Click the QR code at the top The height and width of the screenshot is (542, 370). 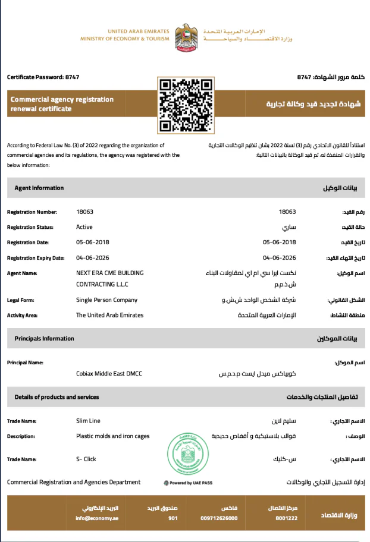point(184,105)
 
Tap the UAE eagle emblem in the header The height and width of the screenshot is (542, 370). point(186,37)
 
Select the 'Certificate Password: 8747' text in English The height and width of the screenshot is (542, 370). point(43,77)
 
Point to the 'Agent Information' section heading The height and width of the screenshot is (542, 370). point(39,188)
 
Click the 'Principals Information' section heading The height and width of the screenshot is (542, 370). point(45,339)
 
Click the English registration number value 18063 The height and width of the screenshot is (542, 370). point(85,212)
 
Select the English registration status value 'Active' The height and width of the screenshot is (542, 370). point(84,227)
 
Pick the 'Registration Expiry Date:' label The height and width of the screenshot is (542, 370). point(36,258)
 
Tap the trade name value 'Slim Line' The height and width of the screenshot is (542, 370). point(88,421)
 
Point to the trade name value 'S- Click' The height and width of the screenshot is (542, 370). point(86,459)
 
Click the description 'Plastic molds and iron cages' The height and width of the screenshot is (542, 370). point(113,436)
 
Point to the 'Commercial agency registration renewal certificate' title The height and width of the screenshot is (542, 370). point(62,104)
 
